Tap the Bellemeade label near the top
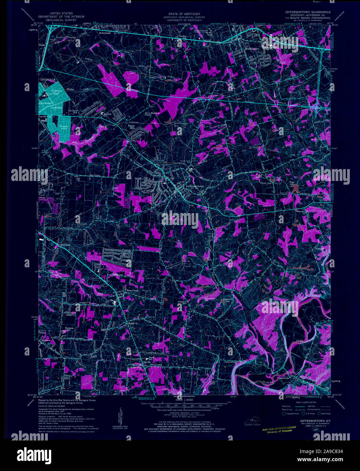(x=105, y=33)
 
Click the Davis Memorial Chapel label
(x=152, y=114)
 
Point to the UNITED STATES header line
(x=61, y=13)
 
